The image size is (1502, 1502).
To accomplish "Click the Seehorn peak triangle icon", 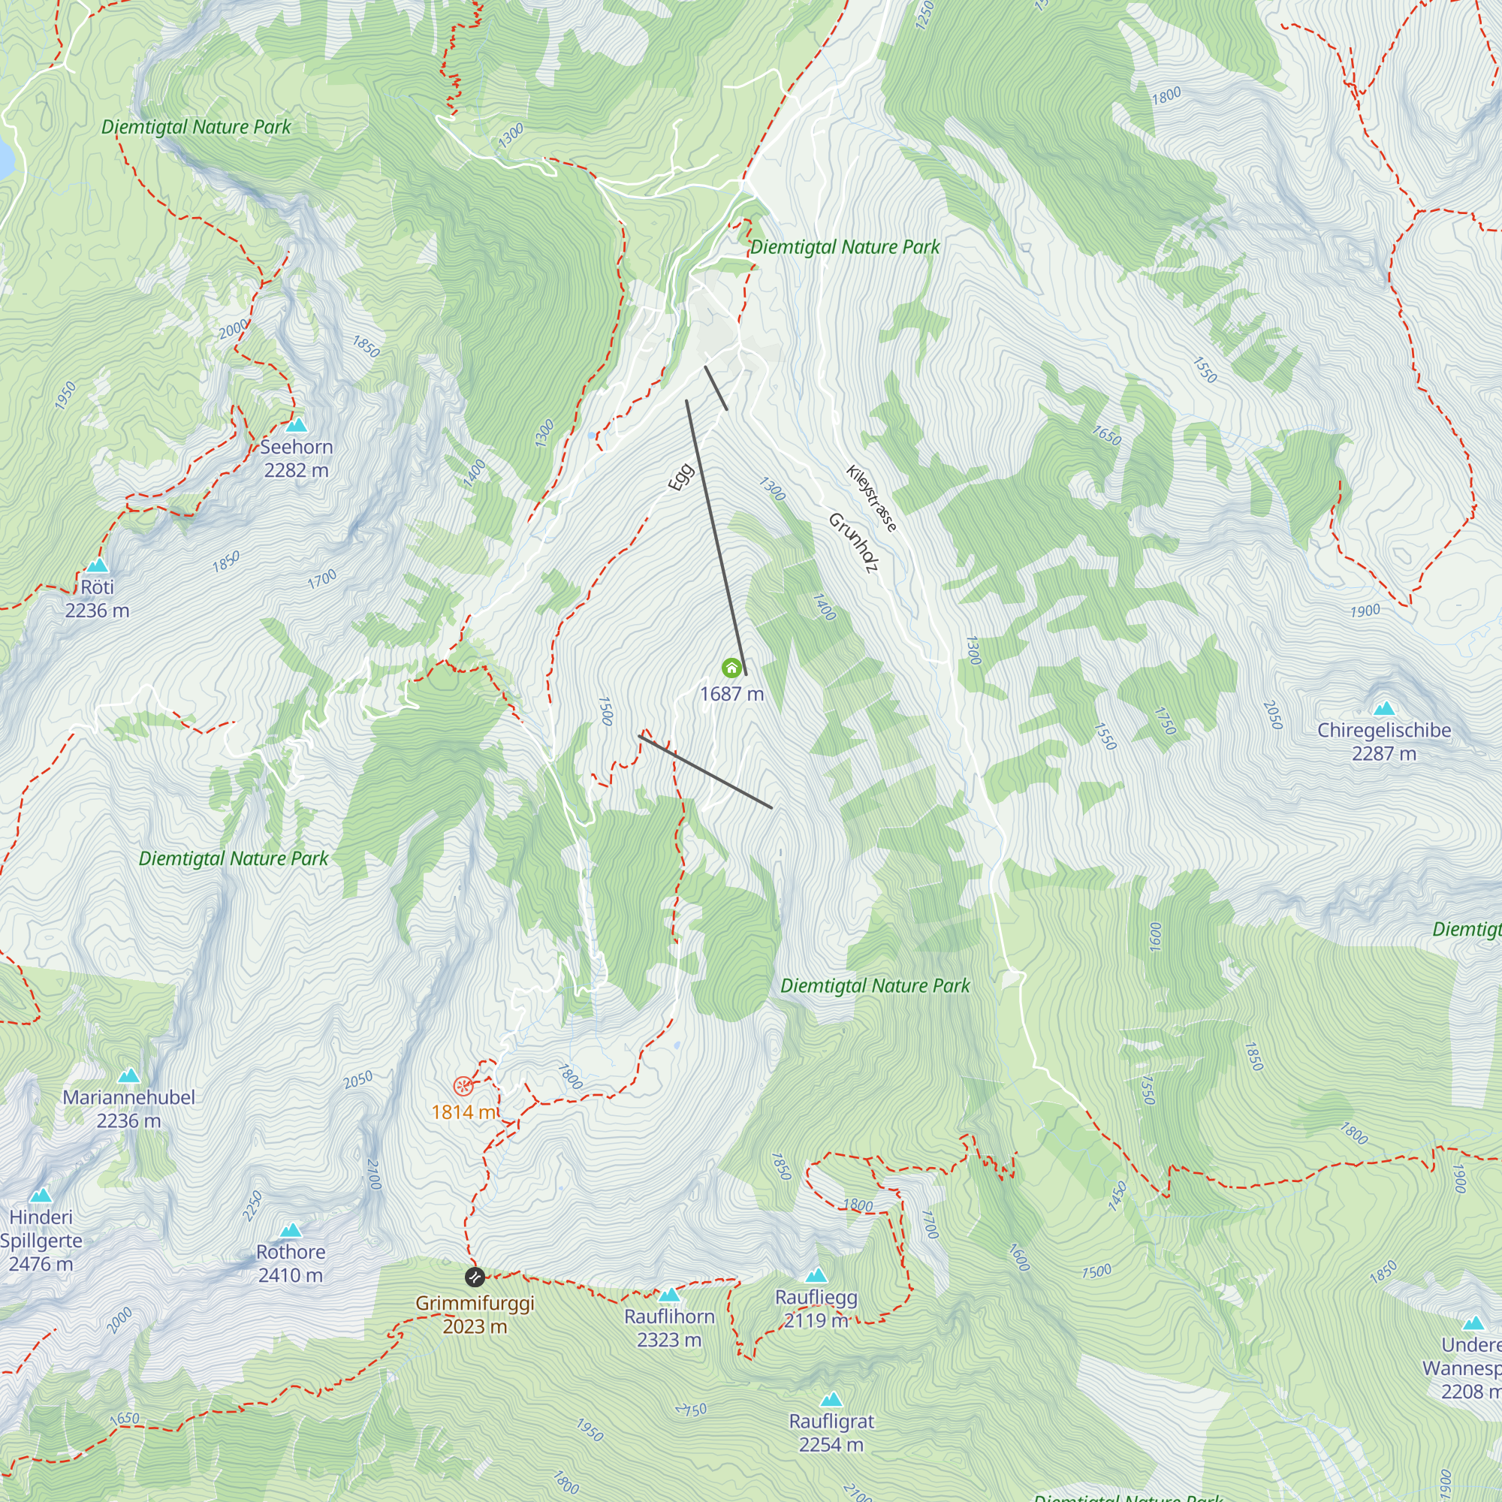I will click(x=296, y=425).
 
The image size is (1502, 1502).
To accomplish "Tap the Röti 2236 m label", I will click(x=97, y=599).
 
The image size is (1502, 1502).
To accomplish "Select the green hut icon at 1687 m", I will click(x=731, y=668).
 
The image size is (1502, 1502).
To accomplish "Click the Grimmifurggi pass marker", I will click(x=474, y=1277).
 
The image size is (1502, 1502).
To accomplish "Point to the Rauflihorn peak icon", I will click(x=669, y=1295).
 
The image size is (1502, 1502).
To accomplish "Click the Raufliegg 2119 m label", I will click(x=816, y=1308).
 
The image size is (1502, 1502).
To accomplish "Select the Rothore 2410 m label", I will click(x=290, y=1263).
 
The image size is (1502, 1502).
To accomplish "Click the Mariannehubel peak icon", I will click(x=129, y=1076).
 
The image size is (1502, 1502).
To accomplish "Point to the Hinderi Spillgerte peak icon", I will click(x=41, y=1196).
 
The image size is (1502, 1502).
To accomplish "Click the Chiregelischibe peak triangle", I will click(x=1384, y=708).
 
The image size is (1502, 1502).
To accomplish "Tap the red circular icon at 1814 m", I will click(x=463, y=1085).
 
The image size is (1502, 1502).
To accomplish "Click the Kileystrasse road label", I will click(x=871, y=499).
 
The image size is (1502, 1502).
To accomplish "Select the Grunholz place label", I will click(x=853, y=543).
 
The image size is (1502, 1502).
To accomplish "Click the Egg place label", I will click(x=680, y=477).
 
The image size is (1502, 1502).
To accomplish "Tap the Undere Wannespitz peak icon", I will click(x=1473, y=1323).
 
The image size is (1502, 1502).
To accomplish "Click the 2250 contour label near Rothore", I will click(x=252, y=1206).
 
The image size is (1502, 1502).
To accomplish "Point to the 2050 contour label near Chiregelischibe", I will click(x=1272, y=714).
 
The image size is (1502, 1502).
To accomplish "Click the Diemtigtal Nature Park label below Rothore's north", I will click(x=234, y=858).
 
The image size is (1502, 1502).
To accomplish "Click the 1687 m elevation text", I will click(x=731, y=693).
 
